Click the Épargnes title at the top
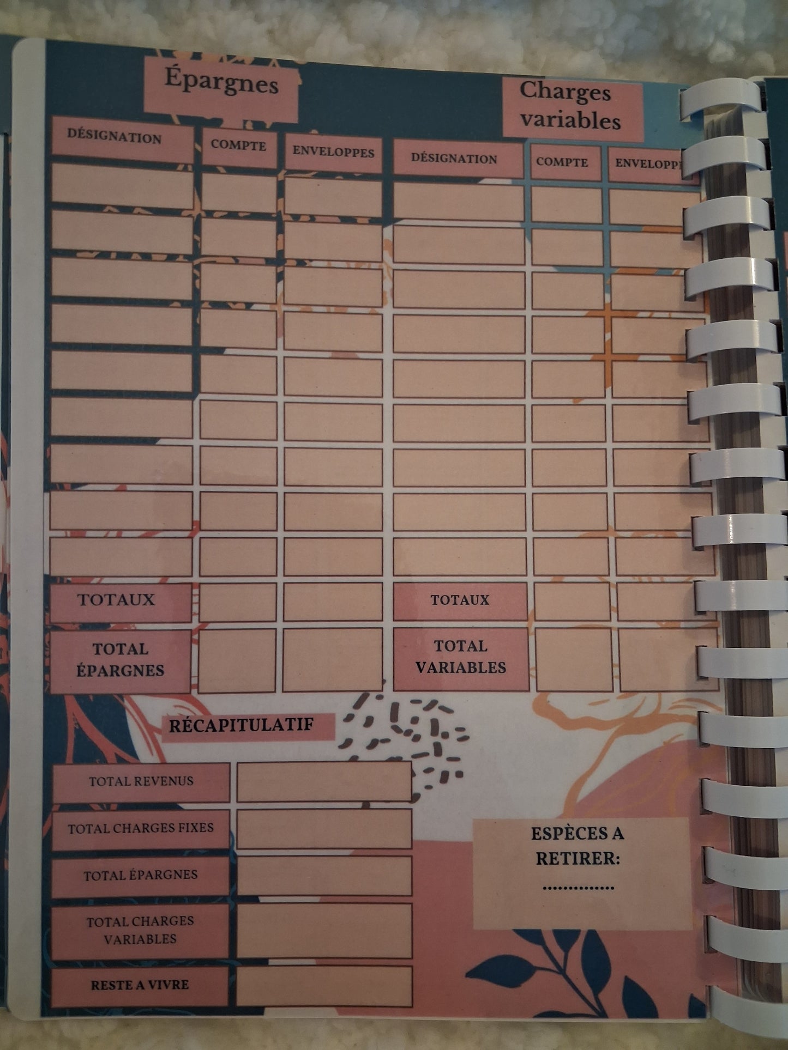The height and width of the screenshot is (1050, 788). (221, 83)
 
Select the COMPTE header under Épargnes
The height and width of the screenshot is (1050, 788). (238, 145)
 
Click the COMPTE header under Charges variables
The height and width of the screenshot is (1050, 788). (562, 162)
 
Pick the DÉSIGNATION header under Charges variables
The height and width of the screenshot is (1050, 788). (454, 159)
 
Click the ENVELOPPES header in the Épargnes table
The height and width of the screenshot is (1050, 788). (333, 151)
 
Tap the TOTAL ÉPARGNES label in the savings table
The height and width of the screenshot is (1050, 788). (120, 660)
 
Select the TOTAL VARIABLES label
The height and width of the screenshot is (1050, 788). (461, 657)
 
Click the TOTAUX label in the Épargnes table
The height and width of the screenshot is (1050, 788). (116, 600)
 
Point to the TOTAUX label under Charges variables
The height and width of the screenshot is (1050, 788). (460, 600)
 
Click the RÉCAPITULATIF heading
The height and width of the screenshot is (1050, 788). (242, 725)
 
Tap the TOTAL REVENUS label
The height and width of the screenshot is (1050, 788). (141, 781)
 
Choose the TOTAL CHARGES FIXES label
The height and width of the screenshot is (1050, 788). (141, 828)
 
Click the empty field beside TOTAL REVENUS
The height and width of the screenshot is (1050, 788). (324, 781)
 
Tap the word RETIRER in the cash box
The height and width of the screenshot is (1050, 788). (578, 859)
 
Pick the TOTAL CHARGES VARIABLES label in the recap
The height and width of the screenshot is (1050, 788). (140, 930)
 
